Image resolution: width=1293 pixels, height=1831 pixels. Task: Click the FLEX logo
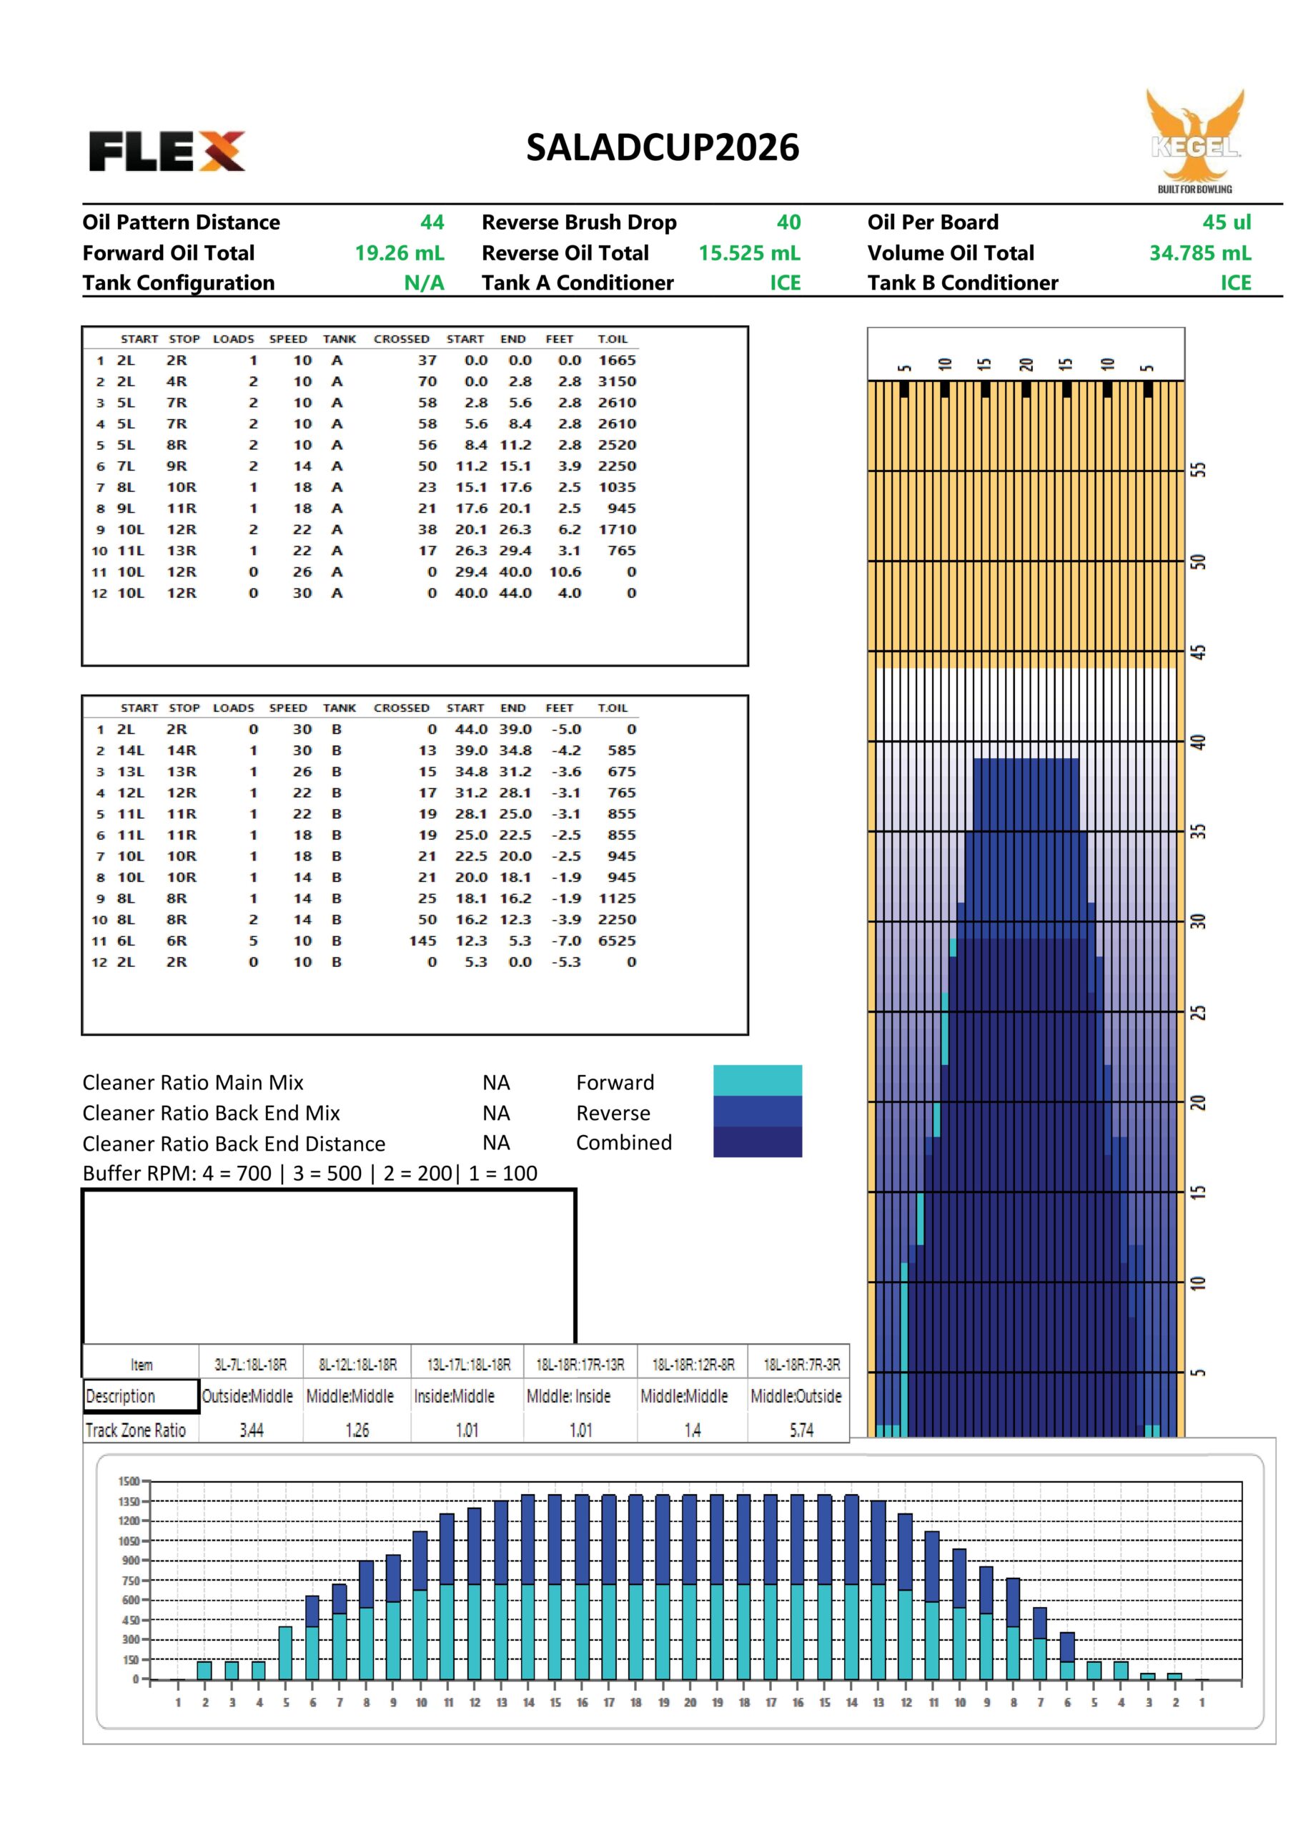167,151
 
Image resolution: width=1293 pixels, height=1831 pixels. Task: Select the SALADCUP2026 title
662,147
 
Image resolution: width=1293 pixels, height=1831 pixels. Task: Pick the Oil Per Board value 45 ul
1226,222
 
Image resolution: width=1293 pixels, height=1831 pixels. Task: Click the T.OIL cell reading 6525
617,941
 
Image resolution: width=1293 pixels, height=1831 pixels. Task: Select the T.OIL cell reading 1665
617,360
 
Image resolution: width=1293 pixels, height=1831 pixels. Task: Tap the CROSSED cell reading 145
422,941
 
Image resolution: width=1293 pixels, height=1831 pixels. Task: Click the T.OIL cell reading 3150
617,381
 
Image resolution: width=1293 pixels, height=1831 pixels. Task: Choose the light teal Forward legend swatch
758,1080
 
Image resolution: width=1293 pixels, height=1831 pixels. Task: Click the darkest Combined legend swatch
758,1142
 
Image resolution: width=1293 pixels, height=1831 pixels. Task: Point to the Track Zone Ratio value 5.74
801,1430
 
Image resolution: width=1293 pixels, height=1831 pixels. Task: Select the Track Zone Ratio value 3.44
251,1430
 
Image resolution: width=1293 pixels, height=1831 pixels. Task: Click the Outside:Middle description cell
247,1396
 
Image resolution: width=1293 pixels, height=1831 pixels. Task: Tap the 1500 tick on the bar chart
129,1481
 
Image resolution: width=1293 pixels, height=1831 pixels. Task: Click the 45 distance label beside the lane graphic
1197,652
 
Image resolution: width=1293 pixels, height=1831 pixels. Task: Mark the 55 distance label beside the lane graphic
1197,470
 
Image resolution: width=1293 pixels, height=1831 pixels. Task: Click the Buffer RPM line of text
309,1173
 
